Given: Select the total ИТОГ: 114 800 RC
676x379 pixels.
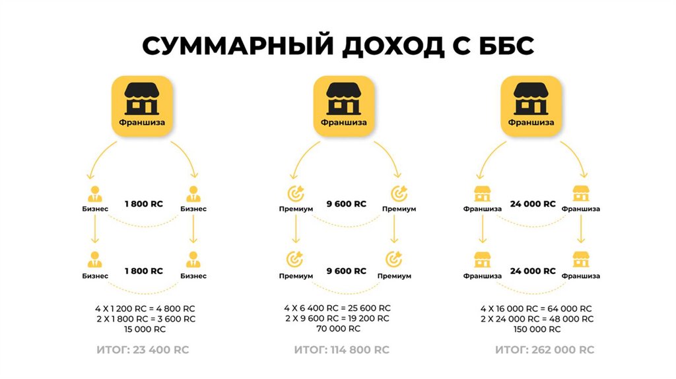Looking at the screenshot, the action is pos(342,349).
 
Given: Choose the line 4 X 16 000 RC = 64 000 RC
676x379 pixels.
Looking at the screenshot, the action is pos(536,308).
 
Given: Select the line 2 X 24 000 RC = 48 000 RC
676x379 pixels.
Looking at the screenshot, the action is pos(536,318).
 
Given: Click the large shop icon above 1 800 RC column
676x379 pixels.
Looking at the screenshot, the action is pos(142,106).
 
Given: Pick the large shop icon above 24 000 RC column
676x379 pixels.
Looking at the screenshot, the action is pos(531,106).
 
